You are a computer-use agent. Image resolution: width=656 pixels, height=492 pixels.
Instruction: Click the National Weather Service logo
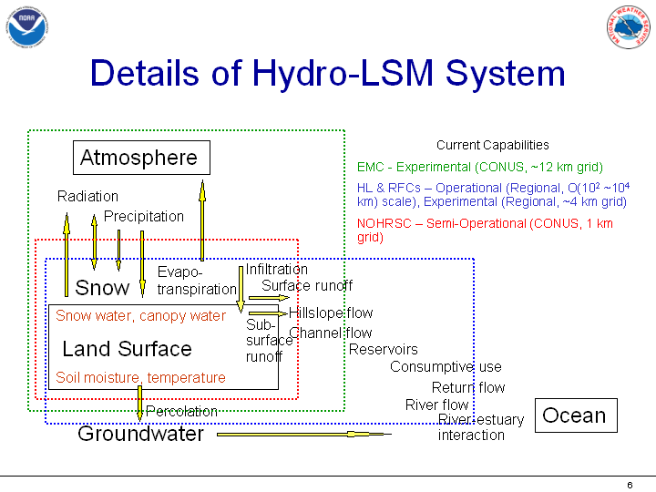point(629,28)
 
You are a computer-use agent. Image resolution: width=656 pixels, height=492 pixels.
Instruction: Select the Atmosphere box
point(140,158)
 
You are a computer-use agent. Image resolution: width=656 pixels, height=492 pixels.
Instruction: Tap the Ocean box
point(574,415)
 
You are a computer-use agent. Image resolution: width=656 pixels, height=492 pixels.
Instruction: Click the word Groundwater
point(140,434)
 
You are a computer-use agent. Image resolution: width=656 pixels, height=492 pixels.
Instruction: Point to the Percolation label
point(181,411)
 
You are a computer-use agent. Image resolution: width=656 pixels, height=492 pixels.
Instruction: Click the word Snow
point(102,288)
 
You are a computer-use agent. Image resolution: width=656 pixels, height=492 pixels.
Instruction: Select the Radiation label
point(87,196)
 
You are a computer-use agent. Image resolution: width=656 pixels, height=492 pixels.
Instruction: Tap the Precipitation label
point(144,216)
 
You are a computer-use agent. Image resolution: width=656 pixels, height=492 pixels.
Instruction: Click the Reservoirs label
point(384,349)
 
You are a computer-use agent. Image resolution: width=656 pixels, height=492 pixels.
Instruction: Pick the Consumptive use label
point(446,367)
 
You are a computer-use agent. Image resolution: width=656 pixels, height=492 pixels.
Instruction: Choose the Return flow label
point(468,387)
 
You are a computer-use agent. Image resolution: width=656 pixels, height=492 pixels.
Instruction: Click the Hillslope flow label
point(331,313)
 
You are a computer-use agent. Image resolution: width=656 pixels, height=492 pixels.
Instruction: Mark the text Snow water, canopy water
point(140,316)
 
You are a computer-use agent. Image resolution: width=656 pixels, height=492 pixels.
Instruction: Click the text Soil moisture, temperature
point(140,377)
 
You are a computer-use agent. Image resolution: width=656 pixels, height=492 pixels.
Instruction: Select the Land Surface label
point(127,349)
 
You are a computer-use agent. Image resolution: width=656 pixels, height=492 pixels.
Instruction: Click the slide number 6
point(630,484)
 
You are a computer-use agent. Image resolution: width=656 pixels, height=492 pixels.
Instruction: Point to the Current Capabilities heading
point(493,145)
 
